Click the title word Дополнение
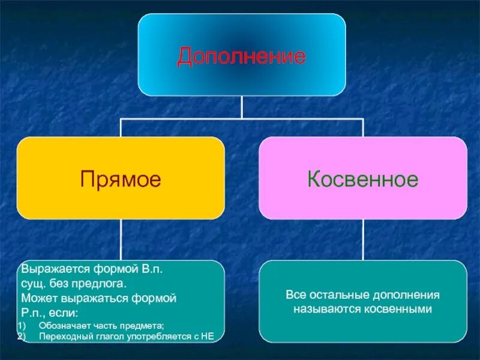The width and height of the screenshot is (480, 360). point(241,57)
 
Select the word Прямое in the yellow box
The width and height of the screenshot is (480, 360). point(121,179)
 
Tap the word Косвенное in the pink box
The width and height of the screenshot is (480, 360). point(362,179)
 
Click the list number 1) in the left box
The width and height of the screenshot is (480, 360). point(22,325)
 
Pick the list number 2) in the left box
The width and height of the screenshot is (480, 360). point(22,336)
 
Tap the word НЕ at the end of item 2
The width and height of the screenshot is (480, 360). point(207,336)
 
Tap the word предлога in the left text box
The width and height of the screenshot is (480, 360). point(106,283)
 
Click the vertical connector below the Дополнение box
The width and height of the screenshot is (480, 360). point(241,106)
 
